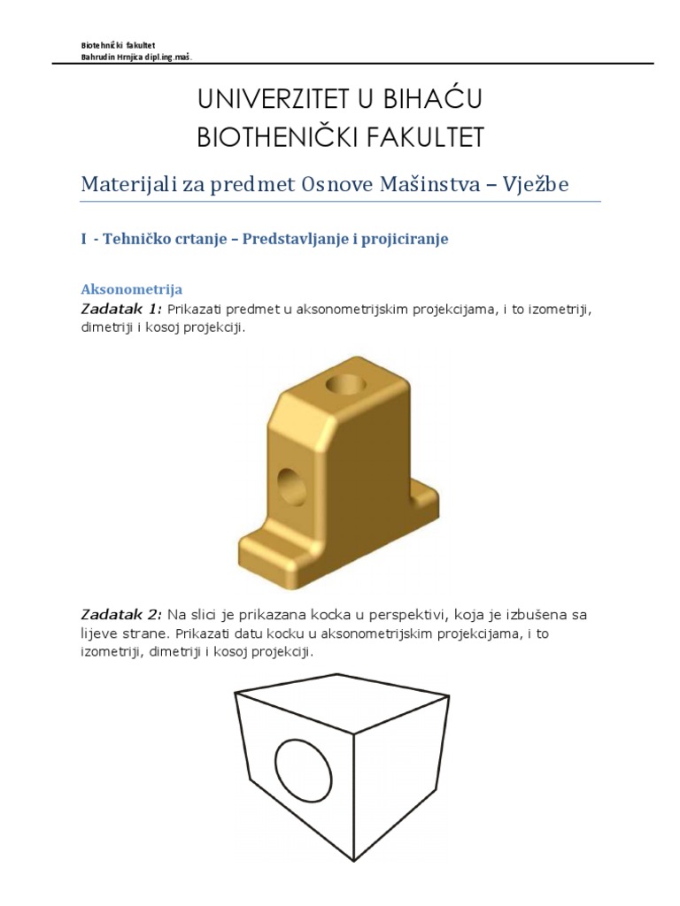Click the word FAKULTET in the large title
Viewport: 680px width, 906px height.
[429, 137]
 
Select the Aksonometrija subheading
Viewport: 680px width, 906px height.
[131, 289]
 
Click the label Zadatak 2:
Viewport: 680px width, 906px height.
[121, 614]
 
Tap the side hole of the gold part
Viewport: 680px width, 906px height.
[291, 486]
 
